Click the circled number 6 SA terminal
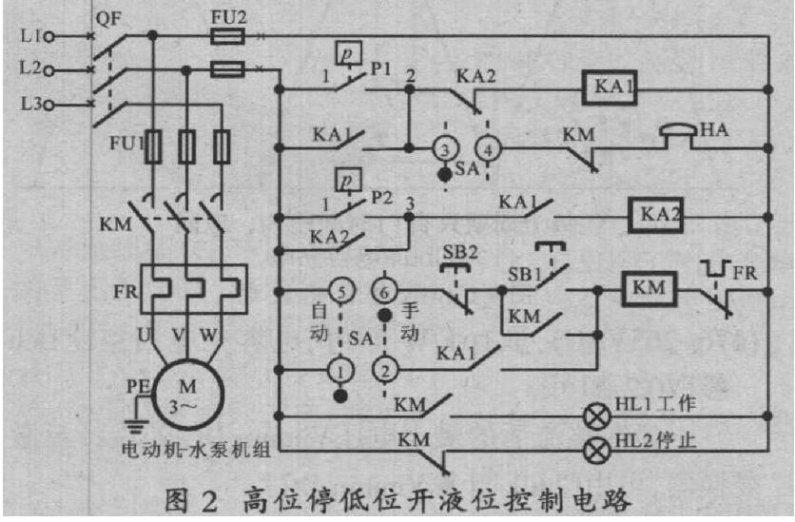[x=385, y=289]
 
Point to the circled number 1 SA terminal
[x=340, y=366]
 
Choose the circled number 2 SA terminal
[x=385, y=366]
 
